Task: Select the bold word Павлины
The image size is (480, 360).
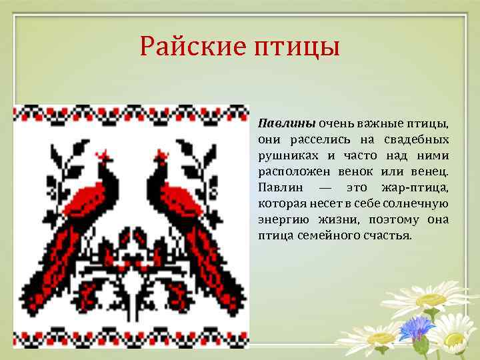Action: tap(286, 123)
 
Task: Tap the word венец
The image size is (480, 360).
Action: tap(431, 171)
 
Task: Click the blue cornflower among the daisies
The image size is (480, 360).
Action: tap(416, 327)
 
